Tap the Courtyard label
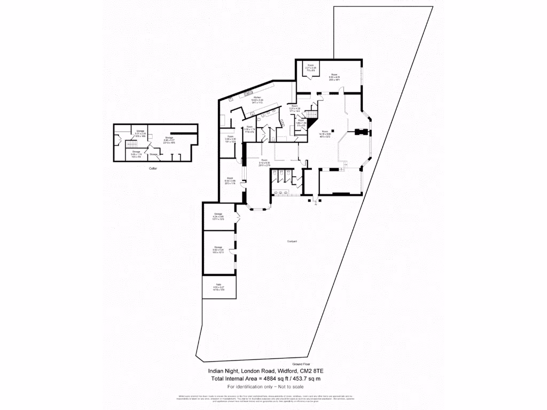292,241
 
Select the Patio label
218,287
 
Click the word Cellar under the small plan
153,168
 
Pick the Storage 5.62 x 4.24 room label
218,249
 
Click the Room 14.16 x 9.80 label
325,135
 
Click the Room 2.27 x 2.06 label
311,68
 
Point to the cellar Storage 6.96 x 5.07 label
169,140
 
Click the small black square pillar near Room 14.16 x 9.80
332,130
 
